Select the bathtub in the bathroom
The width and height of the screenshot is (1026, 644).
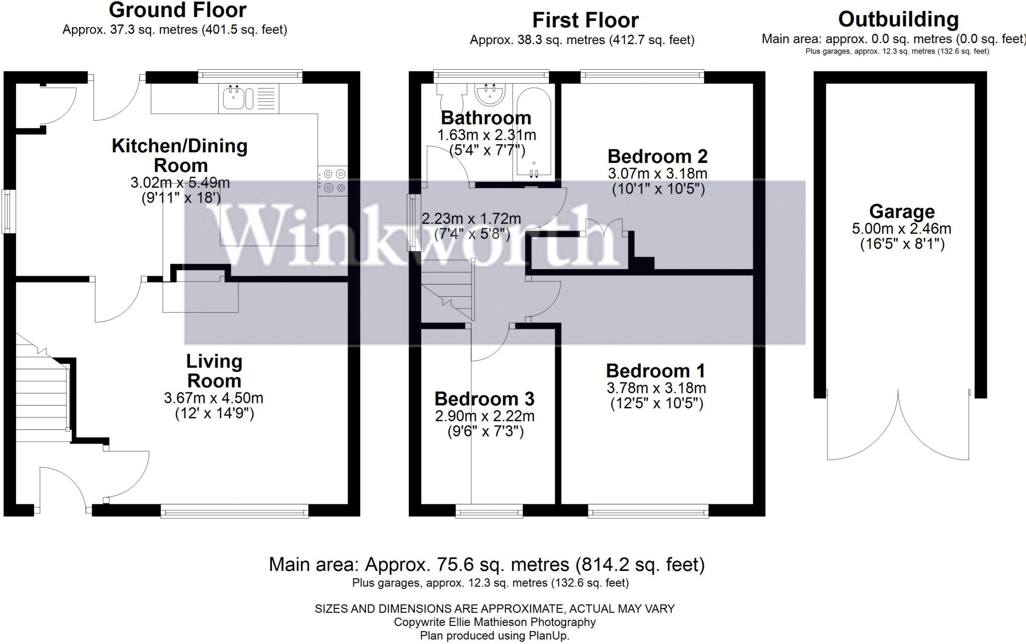pyautogui.click(x=534, y=133)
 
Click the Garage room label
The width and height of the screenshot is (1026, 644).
pyautogui.click(x=902, y=211)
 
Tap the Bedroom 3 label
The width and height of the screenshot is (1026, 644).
pyautogui.click(x=484, y=399)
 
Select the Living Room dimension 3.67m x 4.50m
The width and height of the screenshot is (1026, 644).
pyautogui.click(x=213, y=398)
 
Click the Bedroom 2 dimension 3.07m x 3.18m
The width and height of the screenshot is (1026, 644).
pyautogui.click(x=657, y=174)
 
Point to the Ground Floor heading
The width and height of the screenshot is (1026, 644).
pyautogui.click(x=177, y=10)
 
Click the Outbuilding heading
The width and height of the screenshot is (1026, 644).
pyautogui.click(x=898, y=20)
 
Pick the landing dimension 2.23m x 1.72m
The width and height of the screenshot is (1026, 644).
pyautogui.click(x=471, y=219)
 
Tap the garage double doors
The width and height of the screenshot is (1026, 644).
pyautogui.click(x=898, y=426)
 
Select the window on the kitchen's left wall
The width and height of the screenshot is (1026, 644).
pyautogui.click(x=7, y=211)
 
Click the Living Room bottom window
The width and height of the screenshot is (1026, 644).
pyautogui.click(x=234, y=511)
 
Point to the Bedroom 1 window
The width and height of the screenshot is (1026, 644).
pyautogui.click(x=648, y=511)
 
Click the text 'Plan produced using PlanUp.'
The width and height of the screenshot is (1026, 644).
pyautogui.click(x=494, y=635)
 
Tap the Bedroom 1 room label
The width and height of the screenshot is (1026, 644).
pyautogui.click(x=655, y=371)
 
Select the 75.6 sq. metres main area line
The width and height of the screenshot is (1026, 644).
pyautogui.click(x=486, y=565)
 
